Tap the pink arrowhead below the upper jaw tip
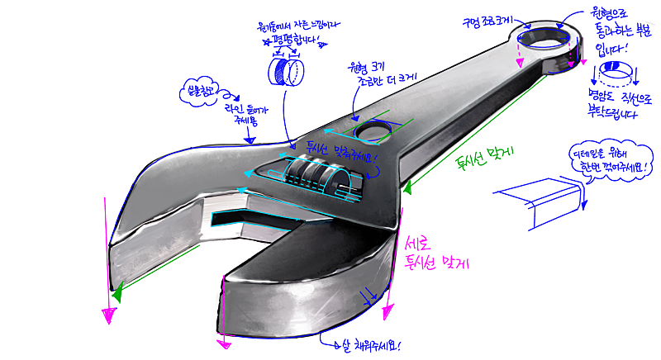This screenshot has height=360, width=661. (x=107, y=315)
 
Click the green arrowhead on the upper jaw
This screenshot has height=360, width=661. (x=121, y=291)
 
